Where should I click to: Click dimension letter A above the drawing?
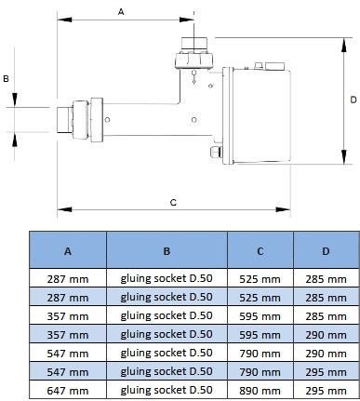click(x=121, y=12)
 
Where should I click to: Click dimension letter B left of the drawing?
click(x=6, y=79)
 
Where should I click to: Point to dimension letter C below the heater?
click(x=173, y=203)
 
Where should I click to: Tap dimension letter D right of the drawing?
click(x=353, y=100)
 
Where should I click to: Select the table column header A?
click(x=68, y=251)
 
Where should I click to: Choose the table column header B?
click(x=167, y=251)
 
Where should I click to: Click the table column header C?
click(x=260, y=251)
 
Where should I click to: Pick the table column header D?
click(x=326, y=251)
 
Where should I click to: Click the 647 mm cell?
click(x=68, y=391)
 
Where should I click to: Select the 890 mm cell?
click(x=260, y=391)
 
